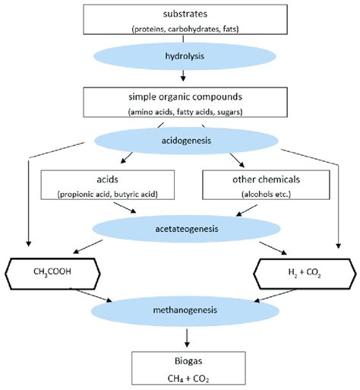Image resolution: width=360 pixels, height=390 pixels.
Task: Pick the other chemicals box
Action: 266,185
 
